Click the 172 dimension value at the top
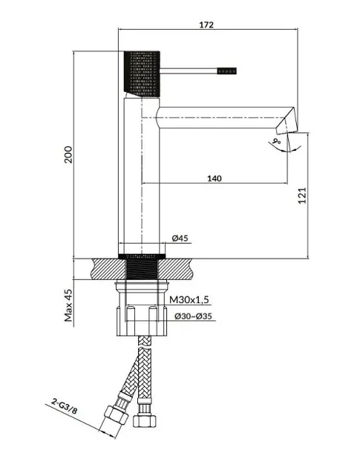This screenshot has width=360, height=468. (x=206, y=25)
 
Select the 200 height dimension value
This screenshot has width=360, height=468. (x=68, y=155)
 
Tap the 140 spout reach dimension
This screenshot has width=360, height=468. (x=215, y=178)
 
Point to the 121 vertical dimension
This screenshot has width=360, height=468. (x=302, y=195)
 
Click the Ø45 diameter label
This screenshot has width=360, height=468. (x=180, y=238)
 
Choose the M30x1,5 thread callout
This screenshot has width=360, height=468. (x=189, y=299)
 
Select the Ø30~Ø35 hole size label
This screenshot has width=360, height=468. (x=193, y=316)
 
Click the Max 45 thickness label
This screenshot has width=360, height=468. (x=68, y=305)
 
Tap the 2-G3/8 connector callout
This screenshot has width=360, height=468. (x=64, y=407)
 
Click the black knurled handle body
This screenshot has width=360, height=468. (x=142, y=74)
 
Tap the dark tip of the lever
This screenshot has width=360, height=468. (x=227, y=71)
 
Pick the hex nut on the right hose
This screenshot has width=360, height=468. (x=145, y=421)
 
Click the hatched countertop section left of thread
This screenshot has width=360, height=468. (x=109, y=269)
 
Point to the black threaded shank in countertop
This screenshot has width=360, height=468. (x=142, y=267)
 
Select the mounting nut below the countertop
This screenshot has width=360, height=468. (x=142, y=309)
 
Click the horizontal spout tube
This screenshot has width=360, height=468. (x=220, y=117)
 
